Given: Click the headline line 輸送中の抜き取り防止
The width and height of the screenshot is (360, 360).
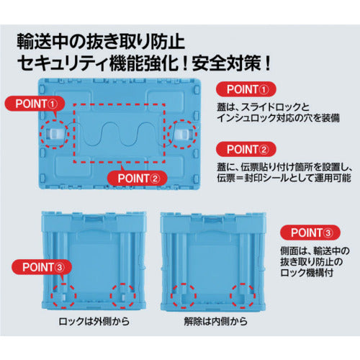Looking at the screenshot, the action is [101, 42].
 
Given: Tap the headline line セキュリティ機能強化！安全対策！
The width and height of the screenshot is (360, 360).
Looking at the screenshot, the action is [144, 63].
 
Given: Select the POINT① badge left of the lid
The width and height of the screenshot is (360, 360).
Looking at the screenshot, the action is [35, 104].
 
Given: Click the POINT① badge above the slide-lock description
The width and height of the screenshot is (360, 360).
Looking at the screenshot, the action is [246, 89].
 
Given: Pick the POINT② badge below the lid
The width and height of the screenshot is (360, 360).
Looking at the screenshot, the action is [138, 178].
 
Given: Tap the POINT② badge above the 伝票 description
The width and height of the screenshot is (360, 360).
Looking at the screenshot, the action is [246, 149].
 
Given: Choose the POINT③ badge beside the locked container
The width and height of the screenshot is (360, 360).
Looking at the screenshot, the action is [42, 267].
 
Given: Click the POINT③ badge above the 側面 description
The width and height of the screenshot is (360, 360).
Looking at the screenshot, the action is [310, 233].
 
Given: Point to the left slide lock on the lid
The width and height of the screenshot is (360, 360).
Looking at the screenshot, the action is [54, 134].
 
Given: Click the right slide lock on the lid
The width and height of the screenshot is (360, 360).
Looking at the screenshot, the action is [184, 134].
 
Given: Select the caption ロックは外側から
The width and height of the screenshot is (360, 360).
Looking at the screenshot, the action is [94, 321].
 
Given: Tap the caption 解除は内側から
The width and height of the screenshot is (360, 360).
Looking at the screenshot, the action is [216, 321].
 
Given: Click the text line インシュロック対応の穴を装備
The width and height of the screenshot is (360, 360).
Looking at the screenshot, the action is [279, 118].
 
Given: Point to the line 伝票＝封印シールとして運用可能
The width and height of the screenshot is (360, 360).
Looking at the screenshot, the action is [284, 178].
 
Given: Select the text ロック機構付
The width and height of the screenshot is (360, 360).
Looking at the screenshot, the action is [307, 273].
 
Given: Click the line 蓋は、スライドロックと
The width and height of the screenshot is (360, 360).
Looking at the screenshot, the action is [263, 107].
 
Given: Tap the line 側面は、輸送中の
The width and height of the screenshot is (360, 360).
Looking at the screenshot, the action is [315, 251].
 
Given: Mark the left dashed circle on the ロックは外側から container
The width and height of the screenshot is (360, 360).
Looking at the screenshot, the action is [63, 296].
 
